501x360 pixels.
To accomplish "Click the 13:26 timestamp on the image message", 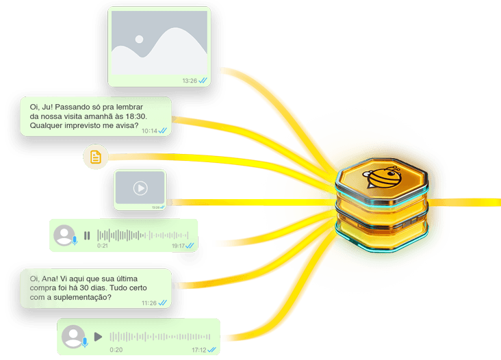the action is (x=190, y=81).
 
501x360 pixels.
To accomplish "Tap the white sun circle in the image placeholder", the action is (x=139, y=39).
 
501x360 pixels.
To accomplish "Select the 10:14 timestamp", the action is (x=149, y=131).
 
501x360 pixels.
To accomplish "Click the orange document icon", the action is (x=96, y=157).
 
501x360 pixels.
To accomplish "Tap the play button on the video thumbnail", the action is (x=140, y=188).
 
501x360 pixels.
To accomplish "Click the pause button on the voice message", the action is (x=87, y=235).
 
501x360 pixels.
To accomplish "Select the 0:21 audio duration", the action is (x=103, y=246).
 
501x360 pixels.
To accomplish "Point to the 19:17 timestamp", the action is (x=178, y=246).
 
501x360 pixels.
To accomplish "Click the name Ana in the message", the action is (x=50, y=279).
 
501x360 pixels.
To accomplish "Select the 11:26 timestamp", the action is (x=149, y=303).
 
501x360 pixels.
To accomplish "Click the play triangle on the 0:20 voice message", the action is (x=98, y=336).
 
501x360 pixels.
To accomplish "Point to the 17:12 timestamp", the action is (x=198, y=350).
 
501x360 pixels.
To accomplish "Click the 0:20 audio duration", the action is (x=116, y=350).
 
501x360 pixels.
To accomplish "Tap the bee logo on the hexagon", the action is (x=382, y=177).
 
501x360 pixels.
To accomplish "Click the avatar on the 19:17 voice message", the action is (x=65, y=235).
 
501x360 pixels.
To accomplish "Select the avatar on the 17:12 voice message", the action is (x=74, y=337).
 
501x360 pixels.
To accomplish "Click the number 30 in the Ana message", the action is (x=84, y=288).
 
